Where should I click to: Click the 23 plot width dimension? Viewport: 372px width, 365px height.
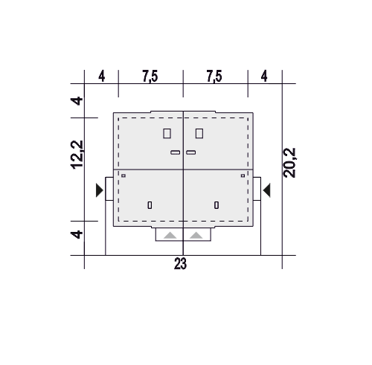[x=180, y=263]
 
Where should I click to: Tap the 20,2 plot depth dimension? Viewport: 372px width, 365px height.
[x=289, y=163]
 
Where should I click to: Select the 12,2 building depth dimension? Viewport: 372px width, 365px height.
[x=77, y=155]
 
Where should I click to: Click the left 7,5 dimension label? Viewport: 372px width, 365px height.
[x=150, y=76]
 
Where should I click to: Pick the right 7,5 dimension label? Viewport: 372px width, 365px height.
[x=214, y=76]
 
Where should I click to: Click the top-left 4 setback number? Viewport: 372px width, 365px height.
[x=102, y=76]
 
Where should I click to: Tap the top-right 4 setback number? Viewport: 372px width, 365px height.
[x=264, y=76]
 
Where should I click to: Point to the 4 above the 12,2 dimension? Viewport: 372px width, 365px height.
[x=77, y=101]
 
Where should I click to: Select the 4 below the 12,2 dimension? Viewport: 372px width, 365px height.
[x=77, y=234]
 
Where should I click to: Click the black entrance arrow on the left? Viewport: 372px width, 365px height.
[x=99, y=190]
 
